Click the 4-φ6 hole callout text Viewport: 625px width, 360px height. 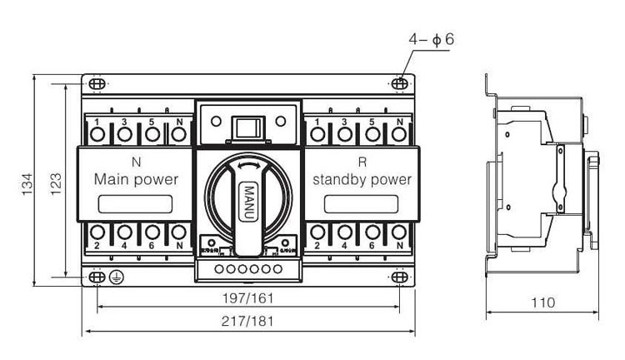431,40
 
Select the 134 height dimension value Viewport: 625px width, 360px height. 27,183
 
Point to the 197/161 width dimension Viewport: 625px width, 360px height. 249,297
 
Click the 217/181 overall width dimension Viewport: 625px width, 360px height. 249,321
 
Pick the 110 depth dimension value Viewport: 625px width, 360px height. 542,302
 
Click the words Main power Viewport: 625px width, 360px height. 136,178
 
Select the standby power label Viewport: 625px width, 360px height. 362,178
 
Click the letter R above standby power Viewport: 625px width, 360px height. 362,161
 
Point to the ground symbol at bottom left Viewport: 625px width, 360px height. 117,277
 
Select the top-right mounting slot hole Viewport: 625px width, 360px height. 400,84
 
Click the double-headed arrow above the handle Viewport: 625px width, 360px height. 247,167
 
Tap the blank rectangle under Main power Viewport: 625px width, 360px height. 136,203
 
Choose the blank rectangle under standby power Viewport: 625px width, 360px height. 360,203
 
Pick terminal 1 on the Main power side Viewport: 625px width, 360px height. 98,133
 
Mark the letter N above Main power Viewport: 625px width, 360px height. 136,161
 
